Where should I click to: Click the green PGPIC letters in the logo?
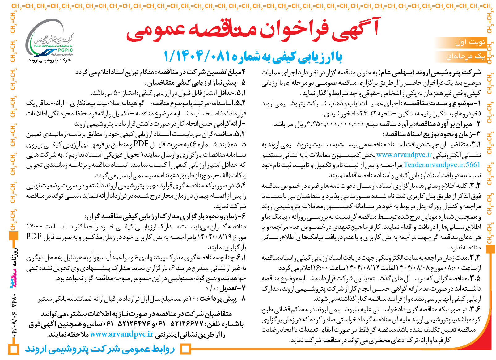[x=65, y=50]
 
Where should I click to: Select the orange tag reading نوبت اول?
[x=470, y=42]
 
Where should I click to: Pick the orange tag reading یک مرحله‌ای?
[x=465, y=56]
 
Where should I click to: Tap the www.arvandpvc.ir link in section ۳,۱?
[x=404, y=155]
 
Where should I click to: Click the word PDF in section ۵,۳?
[x=141, y=144]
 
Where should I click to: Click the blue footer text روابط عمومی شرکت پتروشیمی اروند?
[x=100, y=349]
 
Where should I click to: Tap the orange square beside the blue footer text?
[x=185, y=350]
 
